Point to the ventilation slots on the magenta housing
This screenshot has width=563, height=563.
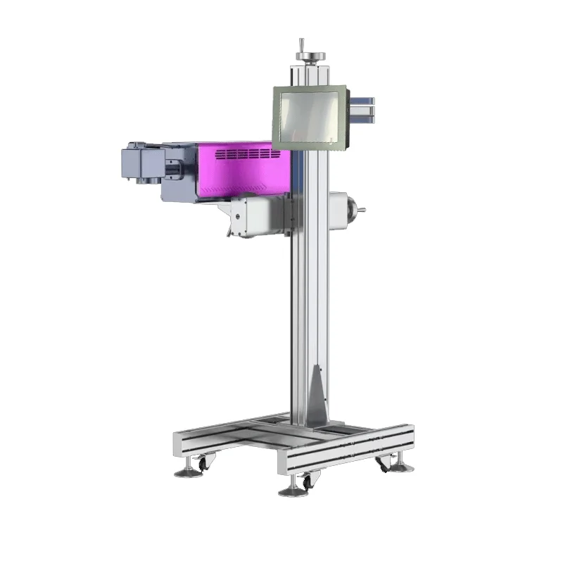click(243, 153)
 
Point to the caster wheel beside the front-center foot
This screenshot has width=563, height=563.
click(307, 482)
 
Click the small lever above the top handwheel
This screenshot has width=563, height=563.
click(301, 44)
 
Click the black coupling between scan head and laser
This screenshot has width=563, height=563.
click(171, 169)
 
